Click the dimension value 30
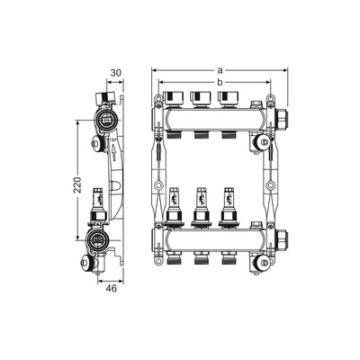(116, 73)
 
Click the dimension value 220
(77, 184)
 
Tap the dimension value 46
(111, 289)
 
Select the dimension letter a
(220, 70)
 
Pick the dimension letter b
(220, 82)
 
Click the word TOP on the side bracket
(112, 140)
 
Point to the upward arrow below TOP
(113, 152)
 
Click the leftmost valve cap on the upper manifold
(174, 99)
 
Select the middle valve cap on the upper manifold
(201, 99)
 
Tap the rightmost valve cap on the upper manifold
(229, 99)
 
